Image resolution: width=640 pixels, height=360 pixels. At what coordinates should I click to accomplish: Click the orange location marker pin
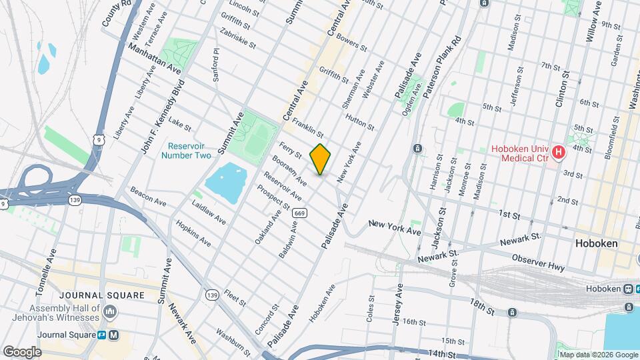321,159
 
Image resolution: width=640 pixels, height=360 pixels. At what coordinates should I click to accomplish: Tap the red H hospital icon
559,153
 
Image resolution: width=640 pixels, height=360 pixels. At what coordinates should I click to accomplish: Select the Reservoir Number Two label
189,151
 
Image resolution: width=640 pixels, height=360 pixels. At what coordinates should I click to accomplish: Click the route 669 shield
301,213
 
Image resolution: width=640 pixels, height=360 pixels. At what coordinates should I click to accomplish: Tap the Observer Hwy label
538,262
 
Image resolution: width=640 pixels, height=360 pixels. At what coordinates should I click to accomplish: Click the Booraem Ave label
289,170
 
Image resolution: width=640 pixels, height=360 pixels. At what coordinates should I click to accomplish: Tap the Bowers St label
353,43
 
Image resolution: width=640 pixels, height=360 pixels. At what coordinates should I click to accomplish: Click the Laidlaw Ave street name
209,211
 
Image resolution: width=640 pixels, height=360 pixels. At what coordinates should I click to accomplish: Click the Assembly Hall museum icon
111,311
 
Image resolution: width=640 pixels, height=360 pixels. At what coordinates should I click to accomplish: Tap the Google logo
22,352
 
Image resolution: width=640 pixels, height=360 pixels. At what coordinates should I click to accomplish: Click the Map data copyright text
598,355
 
